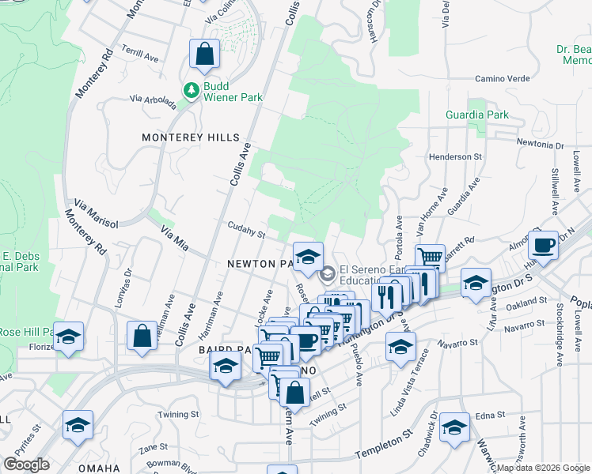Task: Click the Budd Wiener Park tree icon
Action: coord(191,91)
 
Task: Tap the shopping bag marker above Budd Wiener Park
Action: coord(204,55)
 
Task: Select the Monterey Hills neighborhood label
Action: coord(190,137)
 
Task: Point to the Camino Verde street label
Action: coord(501,79)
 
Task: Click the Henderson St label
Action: coord(455,157)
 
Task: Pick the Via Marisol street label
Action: coord(96,213)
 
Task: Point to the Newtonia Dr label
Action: coord(540,145)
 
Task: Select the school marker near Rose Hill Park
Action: coord(69,337)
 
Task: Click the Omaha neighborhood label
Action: coord(99,468)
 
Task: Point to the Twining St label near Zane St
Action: coord(178,415)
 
